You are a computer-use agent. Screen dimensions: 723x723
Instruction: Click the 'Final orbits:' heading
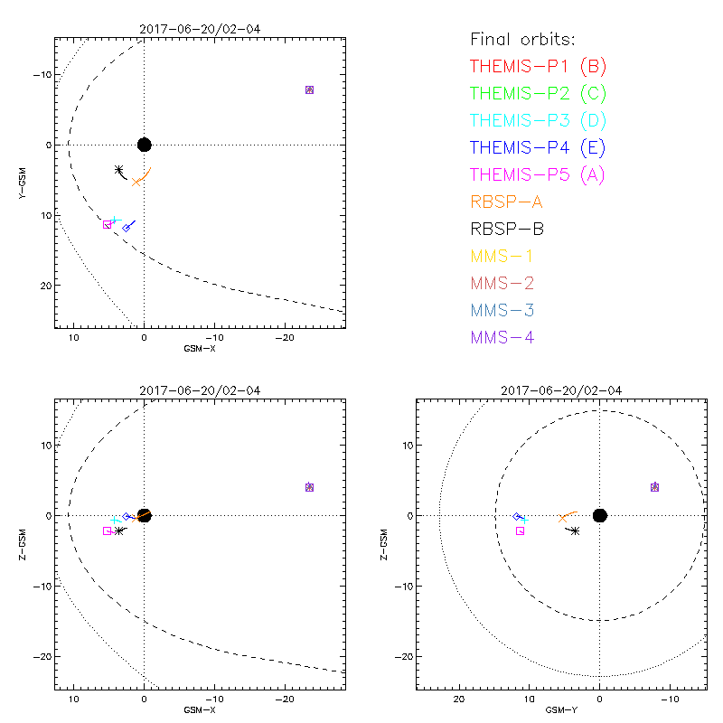[x=523, y=40]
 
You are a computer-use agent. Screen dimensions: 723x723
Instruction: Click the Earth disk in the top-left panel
[x=144, y=145]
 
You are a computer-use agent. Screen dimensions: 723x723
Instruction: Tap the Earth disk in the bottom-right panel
[x=599, y=515]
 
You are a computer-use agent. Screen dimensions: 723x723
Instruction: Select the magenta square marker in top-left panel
[x=108, y=224]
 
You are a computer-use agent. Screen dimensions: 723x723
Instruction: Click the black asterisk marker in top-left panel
[x=119, y=170]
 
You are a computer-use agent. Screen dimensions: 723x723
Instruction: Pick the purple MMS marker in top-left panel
[x=309, y=89]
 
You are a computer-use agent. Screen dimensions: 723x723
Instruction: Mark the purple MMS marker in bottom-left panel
[x=309, y=487]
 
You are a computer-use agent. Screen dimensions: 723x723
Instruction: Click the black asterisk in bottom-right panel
[x=576, y=531]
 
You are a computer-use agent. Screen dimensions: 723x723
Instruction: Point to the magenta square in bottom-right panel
[x=520, y=531]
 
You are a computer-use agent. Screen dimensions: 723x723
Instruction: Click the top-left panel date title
[x=200, y=29]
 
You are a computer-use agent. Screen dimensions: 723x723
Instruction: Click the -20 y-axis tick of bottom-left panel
[x=38, y=655]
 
